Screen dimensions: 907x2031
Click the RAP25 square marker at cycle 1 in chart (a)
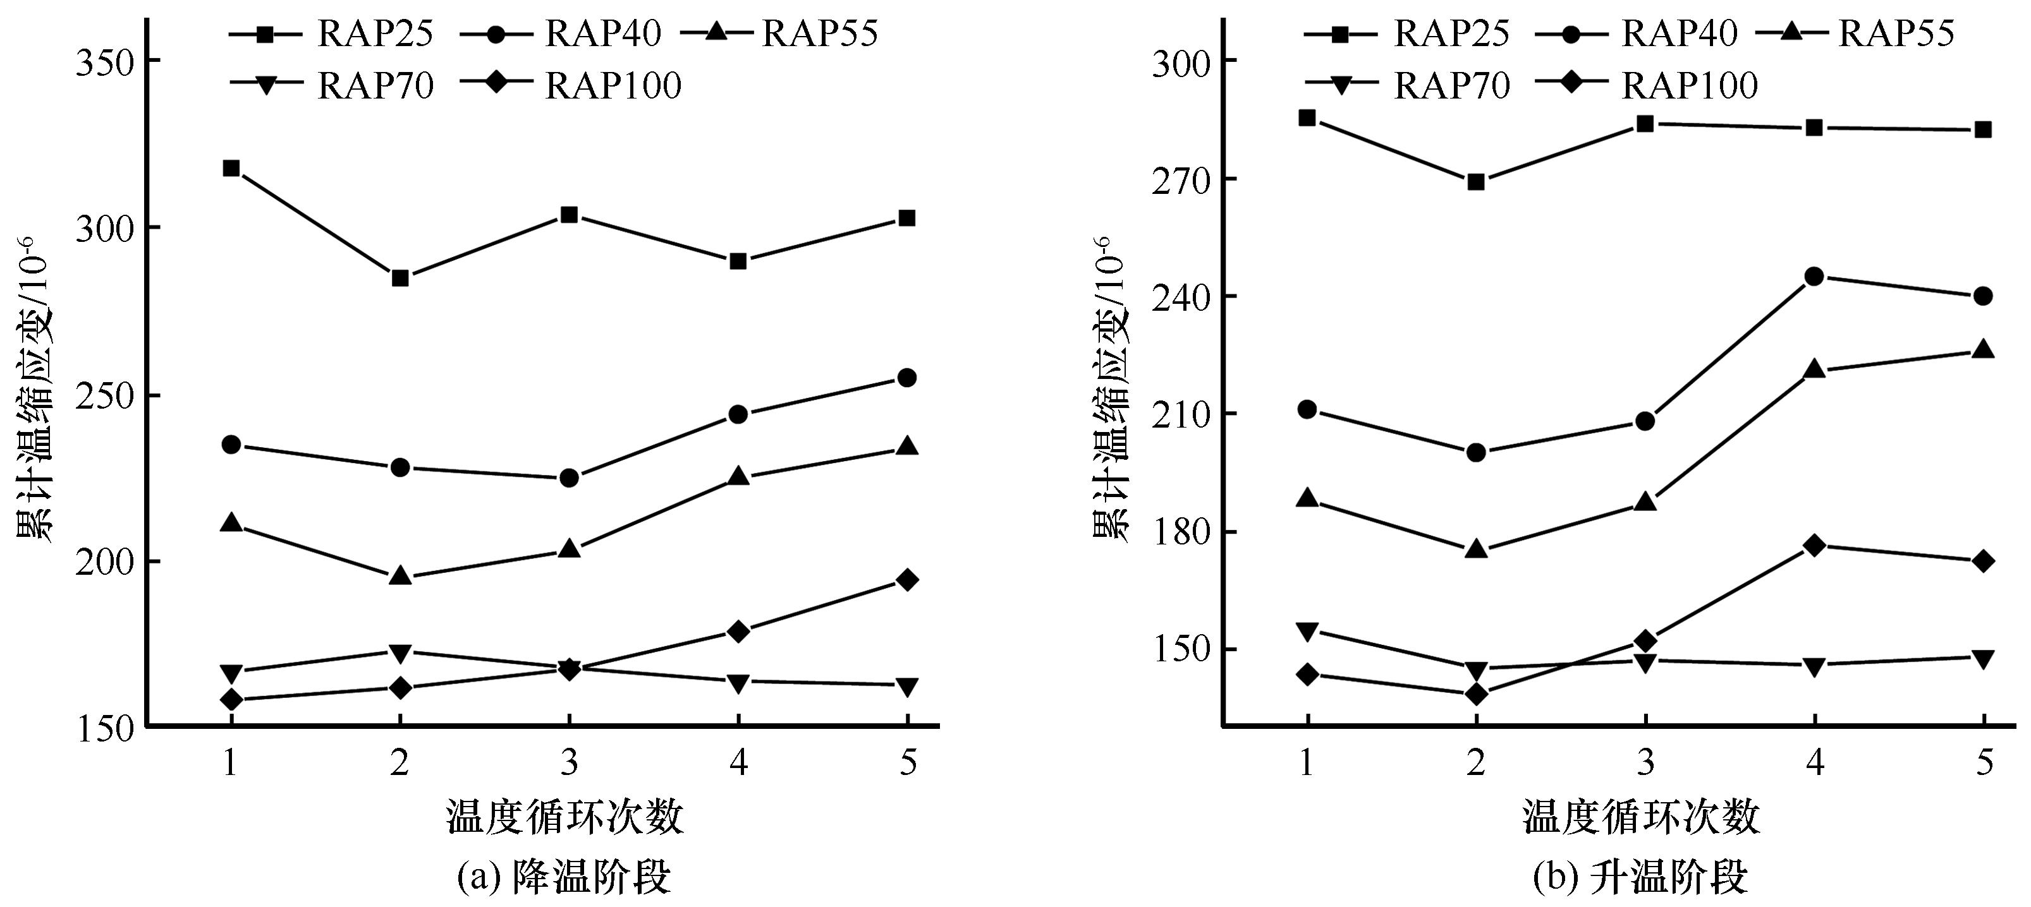point(231,168)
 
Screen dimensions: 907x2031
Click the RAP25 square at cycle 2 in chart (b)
point(1476,182)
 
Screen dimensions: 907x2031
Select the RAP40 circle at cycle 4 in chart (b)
point(1814,277)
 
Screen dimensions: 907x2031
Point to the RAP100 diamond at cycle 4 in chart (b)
point(1814,545)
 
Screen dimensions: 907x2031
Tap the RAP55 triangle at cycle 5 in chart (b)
point(1983,350)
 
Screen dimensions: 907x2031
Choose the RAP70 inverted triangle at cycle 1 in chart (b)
point(1307,631)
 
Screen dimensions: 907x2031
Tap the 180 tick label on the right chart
point(1180,532)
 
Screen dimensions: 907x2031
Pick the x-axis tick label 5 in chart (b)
point(1984,763)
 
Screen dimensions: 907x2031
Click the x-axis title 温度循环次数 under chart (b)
point(1642,817)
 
